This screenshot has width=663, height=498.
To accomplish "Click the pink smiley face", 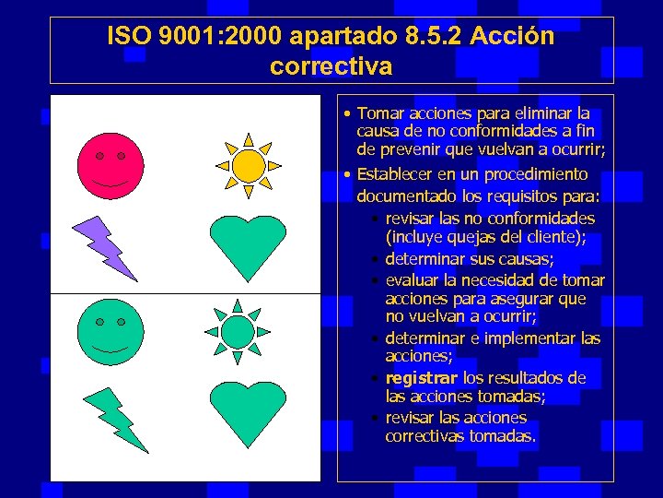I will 110,167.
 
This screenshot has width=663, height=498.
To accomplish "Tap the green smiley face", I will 110,333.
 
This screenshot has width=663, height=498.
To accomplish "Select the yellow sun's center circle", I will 248,166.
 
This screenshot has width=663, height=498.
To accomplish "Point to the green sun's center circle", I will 238,331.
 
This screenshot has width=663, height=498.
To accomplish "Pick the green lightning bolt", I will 114,419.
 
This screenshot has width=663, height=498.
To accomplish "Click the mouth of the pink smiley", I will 110,185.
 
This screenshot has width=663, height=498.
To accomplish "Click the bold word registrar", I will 422,378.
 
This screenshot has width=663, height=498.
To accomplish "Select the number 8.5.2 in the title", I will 434,37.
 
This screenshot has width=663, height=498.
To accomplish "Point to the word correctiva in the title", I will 331,66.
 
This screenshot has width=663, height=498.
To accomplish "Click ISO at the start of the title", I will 128,37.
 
